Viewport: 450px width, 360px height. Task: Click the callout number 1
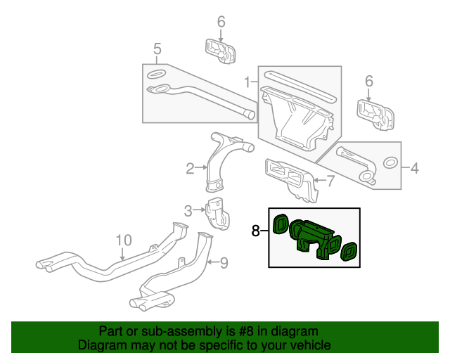coord(247,83)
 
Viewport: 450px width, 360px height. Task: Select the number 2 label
coord(190,168)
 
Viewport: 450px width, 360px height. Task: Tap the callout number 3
coord(188,210)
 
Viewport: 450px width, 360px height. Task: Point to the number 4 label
coord(414,168)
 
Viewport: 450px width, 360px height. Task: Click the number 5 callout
coord(157,49)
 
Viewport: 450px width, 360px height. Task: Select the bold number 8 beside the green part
coord(256,230)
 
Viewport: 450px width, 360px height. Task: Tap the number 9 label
coord(224,264)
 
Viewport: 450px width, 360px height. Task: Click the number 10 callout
coord(124,240)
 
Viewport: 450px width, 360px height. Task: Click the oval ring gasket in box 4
coord(387,164)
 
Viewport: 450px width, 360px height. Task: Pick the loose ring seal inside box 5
coord(156,74)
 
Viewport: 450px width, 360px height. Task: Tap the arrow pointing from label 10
coord(123,255)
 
